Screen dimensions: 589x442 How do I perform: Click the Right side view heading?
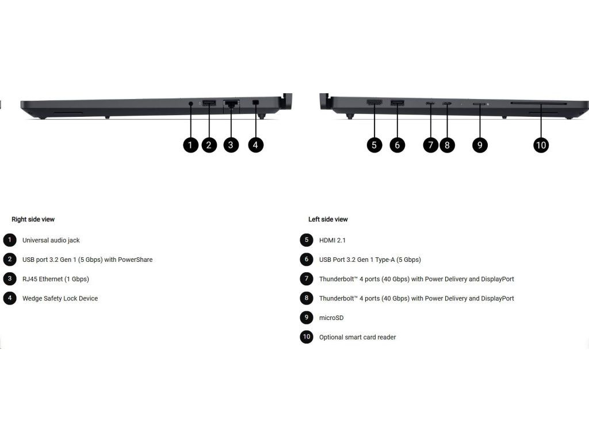[x=33, y=219]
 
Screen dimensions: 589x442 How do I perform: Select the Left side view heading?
[x=328, y=219]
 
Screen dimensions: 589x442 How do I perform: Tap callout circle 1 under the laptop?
[x=190, y=144]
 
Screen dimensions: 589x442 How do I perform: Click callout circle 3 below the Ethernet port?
[x=231, y=144]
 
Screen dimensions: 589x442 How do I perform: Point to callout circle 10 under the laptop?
[x=541, y=144]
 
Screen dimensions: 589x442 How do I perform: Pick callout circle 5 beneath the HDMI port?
[x=374, y=144]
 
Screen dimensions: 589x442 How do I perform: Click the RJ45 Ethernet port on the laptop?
[x=231, y=104]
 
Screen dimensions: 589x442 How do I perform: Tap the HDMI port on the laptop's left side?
[x=374, y=103]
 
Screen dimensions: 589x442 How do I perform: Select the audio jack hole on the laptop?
[x=191, y=104]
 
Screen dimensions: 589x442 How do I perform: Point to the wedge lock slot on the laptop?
[x=256, y=103]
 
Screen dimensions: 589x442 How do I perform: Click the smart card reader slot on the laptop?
[x=538, y=104]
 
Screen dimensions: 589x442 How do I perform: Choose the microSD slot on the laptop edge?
[x=479, y=104]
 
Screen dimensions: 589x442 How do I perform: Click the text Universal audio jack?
[x=51, y=240]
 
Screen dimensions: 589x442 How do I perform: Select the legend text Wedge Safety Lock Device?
[x=60, y=299]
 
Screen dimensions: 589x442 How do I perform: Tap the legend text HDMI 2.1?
[x=332, y=240]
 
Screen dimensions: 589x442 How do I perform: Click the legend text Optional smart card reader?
[x=357, y=337]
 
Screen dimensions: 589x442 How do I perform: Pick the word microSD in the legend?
[x=331, y=318]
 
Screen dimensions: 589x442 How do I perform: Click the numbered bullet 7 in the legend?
[x=307, y=279]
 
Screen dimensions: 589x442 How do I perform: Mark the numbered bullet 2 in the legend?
[x=10, y=260]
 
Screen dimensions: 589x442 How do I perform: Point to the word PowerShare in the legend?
[x=135, y=260]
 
